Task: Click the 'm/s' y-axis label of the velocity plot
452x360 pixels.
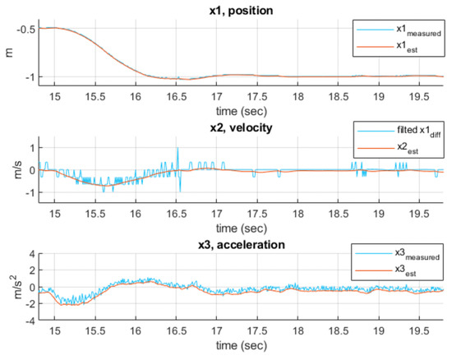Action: tap(8, 170)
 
